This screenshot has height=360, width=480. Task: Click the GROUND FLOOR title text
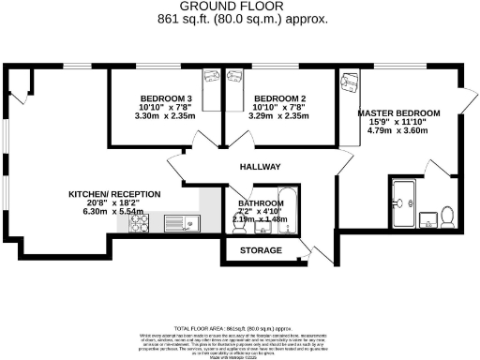[x=239, y=6]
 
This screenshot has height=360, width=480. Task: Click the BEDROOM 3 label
[x=166, y=98]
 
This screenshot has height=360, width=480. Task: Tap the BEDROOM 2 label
[x=279, y=98]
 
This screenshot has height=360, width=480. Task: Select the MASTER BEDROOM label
[x=393, y=112]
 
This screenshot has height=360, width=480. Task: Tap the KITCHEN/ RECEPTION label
[x=114, y=194]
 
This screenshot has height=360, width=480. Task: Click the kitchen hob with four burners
[x=149, y=223]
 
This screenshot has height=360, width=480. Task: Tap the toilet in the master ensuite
[x=448, y=218]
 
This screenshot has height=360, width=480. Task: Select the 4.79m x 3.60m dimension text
[x=393, y=131]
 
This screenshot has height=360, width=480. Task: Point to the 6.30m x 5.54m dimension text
[x=114, y=213]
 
